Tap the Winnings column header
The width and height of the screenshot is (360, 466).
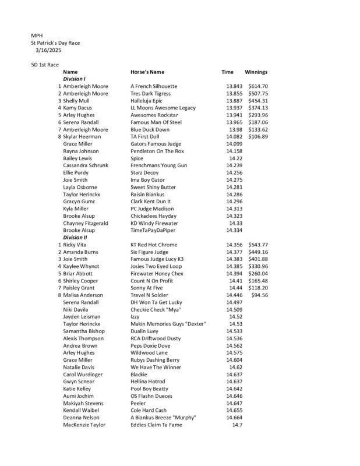256,72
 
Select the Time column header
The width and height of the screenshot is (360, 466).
227,72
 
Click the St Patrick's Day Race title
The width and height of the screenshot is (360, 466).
55,43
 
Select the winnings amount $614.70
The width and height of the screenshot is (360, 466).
258,86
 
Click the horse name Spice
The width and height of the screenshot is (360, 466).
137,158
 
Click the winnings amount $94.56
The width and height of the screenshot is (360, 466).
260,295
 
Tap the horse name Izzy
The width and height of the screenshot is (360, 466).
136,317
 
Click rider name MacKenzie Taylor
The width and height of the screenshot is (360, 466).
84,425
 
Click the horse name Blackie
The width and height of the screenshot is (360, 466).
139,375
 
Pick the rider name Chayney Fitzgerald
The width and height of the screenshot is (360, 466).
86,223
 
